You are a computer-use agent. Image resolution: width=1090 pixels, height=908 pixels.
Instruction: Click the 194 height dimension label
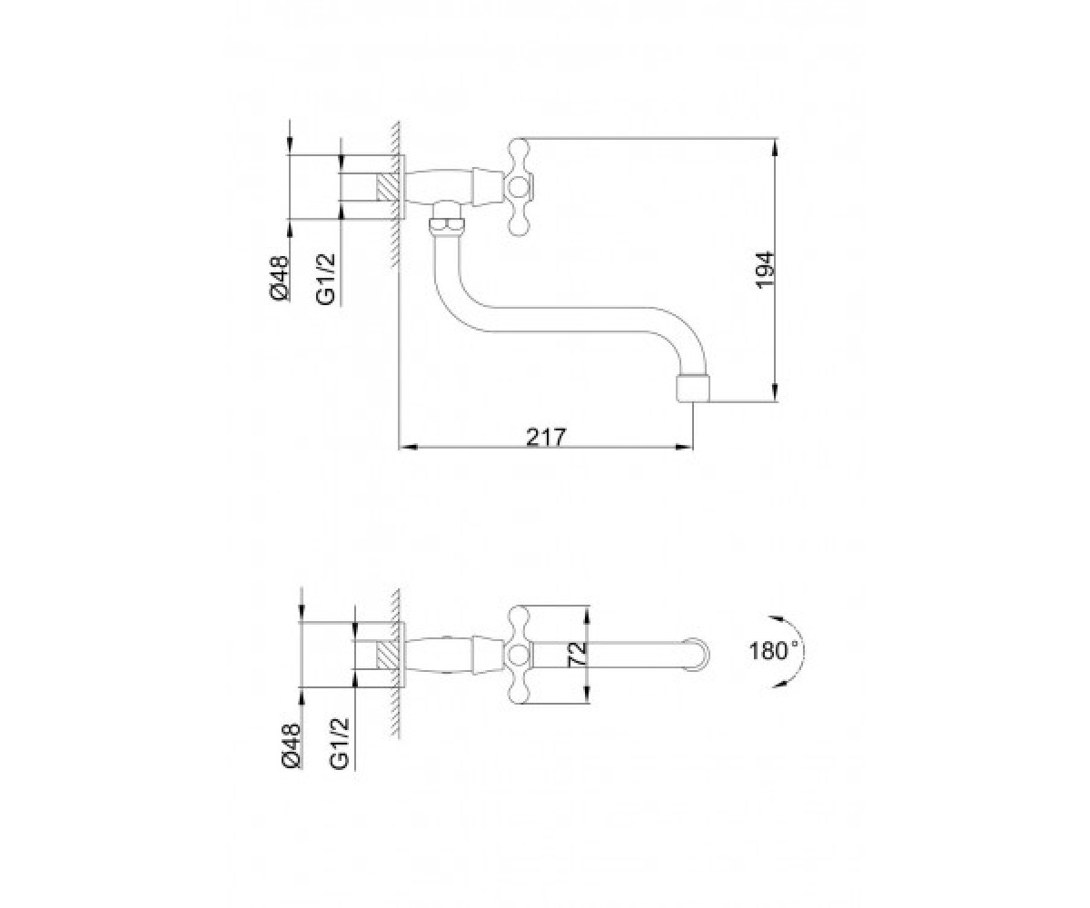click(x=766, y=270)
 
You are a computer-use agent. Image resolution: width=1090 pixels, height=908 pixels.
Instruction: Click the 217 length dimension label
click(x=546, y=438)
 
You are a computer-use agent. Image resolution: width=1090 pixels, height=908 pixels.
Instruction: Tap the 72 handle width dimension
click(x=578, y=653)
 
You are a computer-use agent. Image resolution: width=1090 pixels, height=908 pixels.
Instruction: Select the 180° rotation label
click(x=774, y=651)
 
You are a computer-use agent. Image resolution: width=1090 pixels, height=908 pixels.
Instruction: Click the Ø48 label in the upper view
click(x=280, y=278)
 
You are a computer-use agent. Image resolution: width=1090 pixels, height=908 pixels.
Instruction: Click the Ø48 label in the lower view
click(x=292, y=745)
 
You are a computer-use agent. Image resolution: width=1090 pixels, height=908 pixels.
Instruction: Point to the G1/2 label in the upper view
click(x=326, y=279)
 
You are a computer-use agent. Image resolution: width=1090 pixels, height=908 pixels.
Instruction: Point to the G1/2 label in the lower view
click(x=340, y=745)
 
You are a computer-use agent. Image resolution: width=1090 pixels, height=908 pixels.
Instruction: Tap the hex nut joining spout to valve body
click(x=445, y=225)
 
